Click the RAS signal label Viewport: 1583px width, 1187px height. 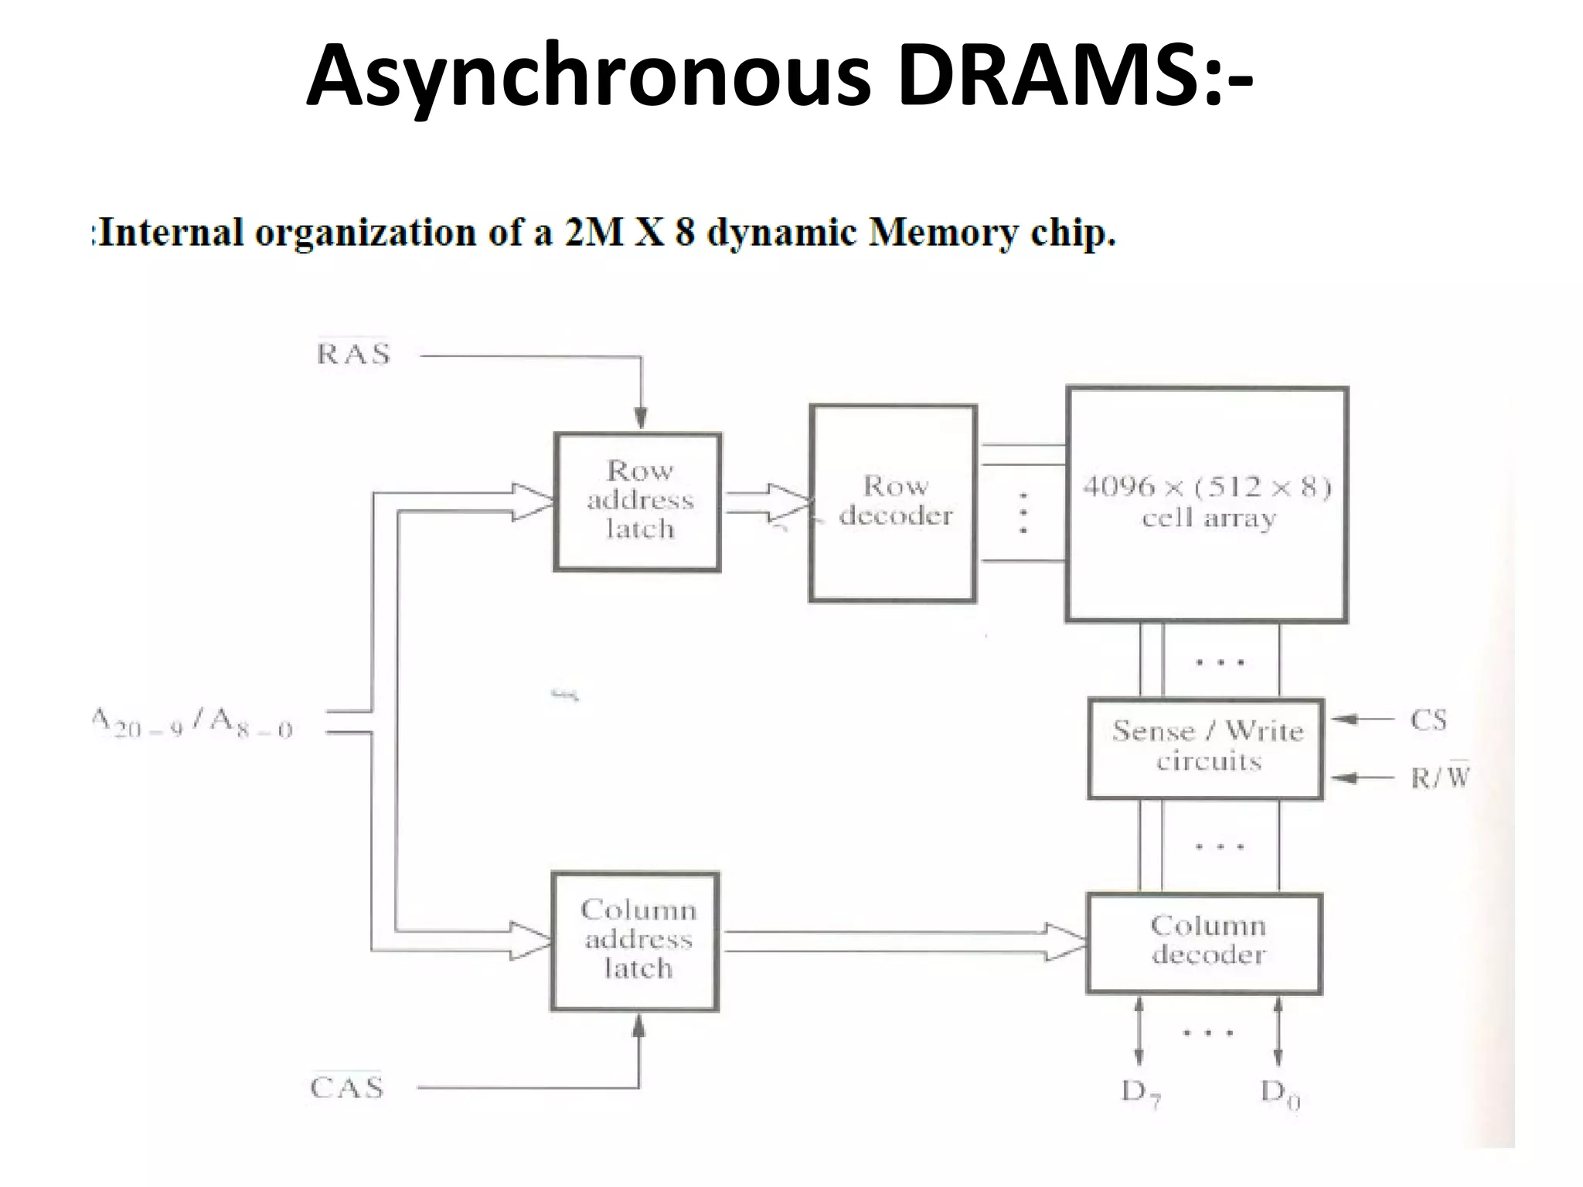coord(354,354)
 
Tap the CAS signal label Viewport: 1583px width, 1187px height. coord(347,1087)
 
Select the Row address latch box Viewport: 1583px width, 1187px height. coord(638,502)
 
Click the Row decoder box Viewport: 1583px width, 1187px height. coord(893,503)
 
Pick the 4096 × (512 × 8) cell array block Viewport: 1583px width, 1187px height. coord(1207,505)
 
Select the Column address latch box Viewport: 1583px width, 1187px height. coord(635,940)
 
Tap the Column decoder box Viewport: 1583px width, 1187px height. coord(1204,943)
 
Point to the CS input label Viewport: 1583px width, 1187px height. coord(1428,720)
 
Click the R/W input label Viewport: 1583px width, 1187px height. coord(1439,777)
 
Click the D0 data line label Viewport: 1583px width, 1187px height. coord(1280,1093)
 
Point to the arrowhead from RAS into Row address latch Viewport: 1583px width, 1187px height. coord(640,418)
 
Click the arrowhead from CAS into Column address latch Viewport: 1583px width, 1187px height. coord(638,1025)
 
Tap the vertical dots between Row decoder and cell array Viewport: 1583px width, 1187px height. coord(1023,513)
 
